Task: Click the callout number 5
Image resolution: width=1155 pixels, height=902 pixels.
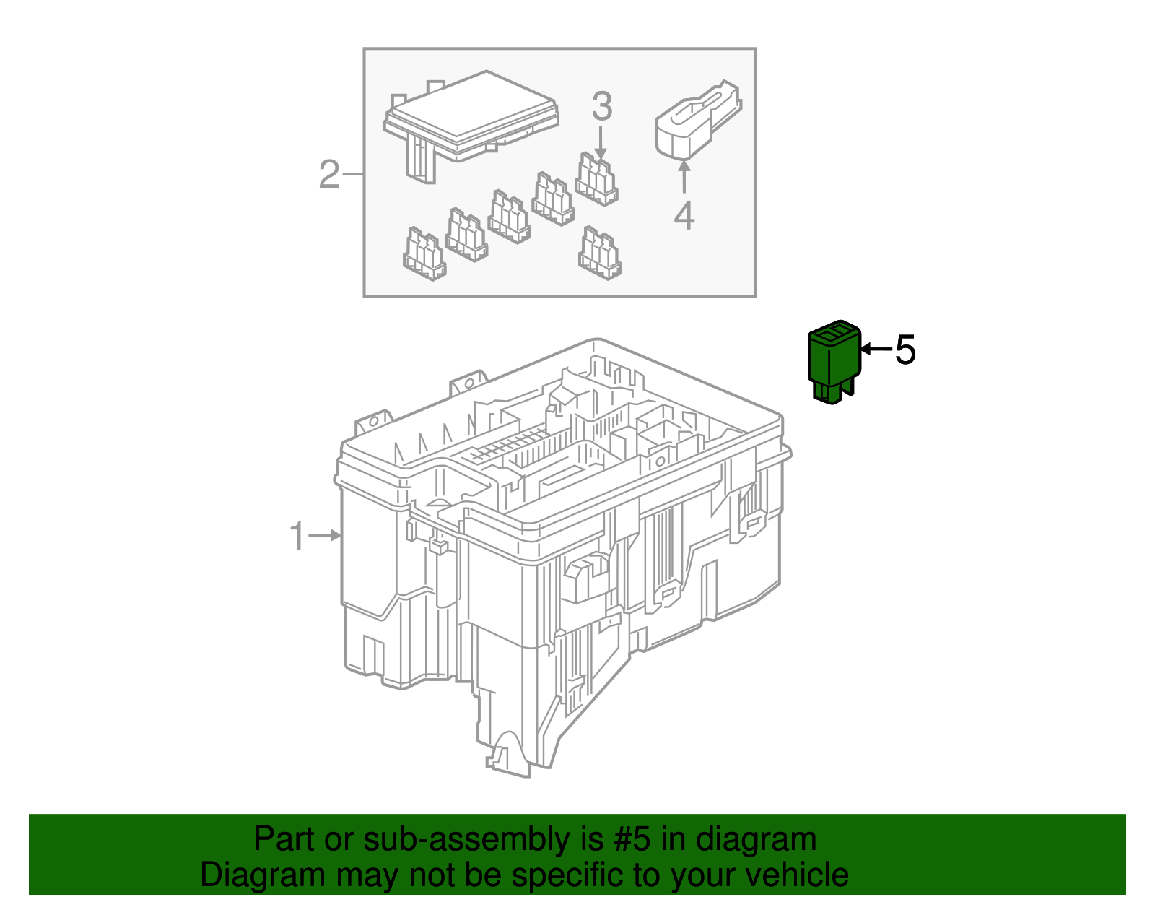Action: (x=905, y=350)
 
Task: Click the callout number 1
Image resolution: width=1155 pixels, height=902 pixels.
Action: (x=297, y=537)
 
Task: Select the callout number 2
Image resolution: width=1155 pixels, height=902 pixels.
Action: (x=328, y=175)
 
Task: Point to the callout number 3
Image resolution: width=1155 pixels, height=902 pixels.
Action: (x=602, y=107)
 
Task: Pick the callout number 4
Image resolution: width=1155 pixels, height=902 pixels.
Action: (x=684, y=216)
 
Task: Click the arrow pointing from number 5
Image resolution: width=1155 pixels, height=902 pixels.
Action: (x=876, y=350)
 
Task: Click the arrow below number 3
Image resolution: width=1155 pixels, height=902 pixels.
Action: (x=601, y=142)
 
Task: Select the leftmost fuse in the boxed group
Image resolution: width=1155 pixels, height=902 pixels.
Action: (x=424, y=254)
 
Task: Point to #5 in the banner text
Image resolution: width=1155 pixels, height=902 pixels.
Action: (x=632, y=840)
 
